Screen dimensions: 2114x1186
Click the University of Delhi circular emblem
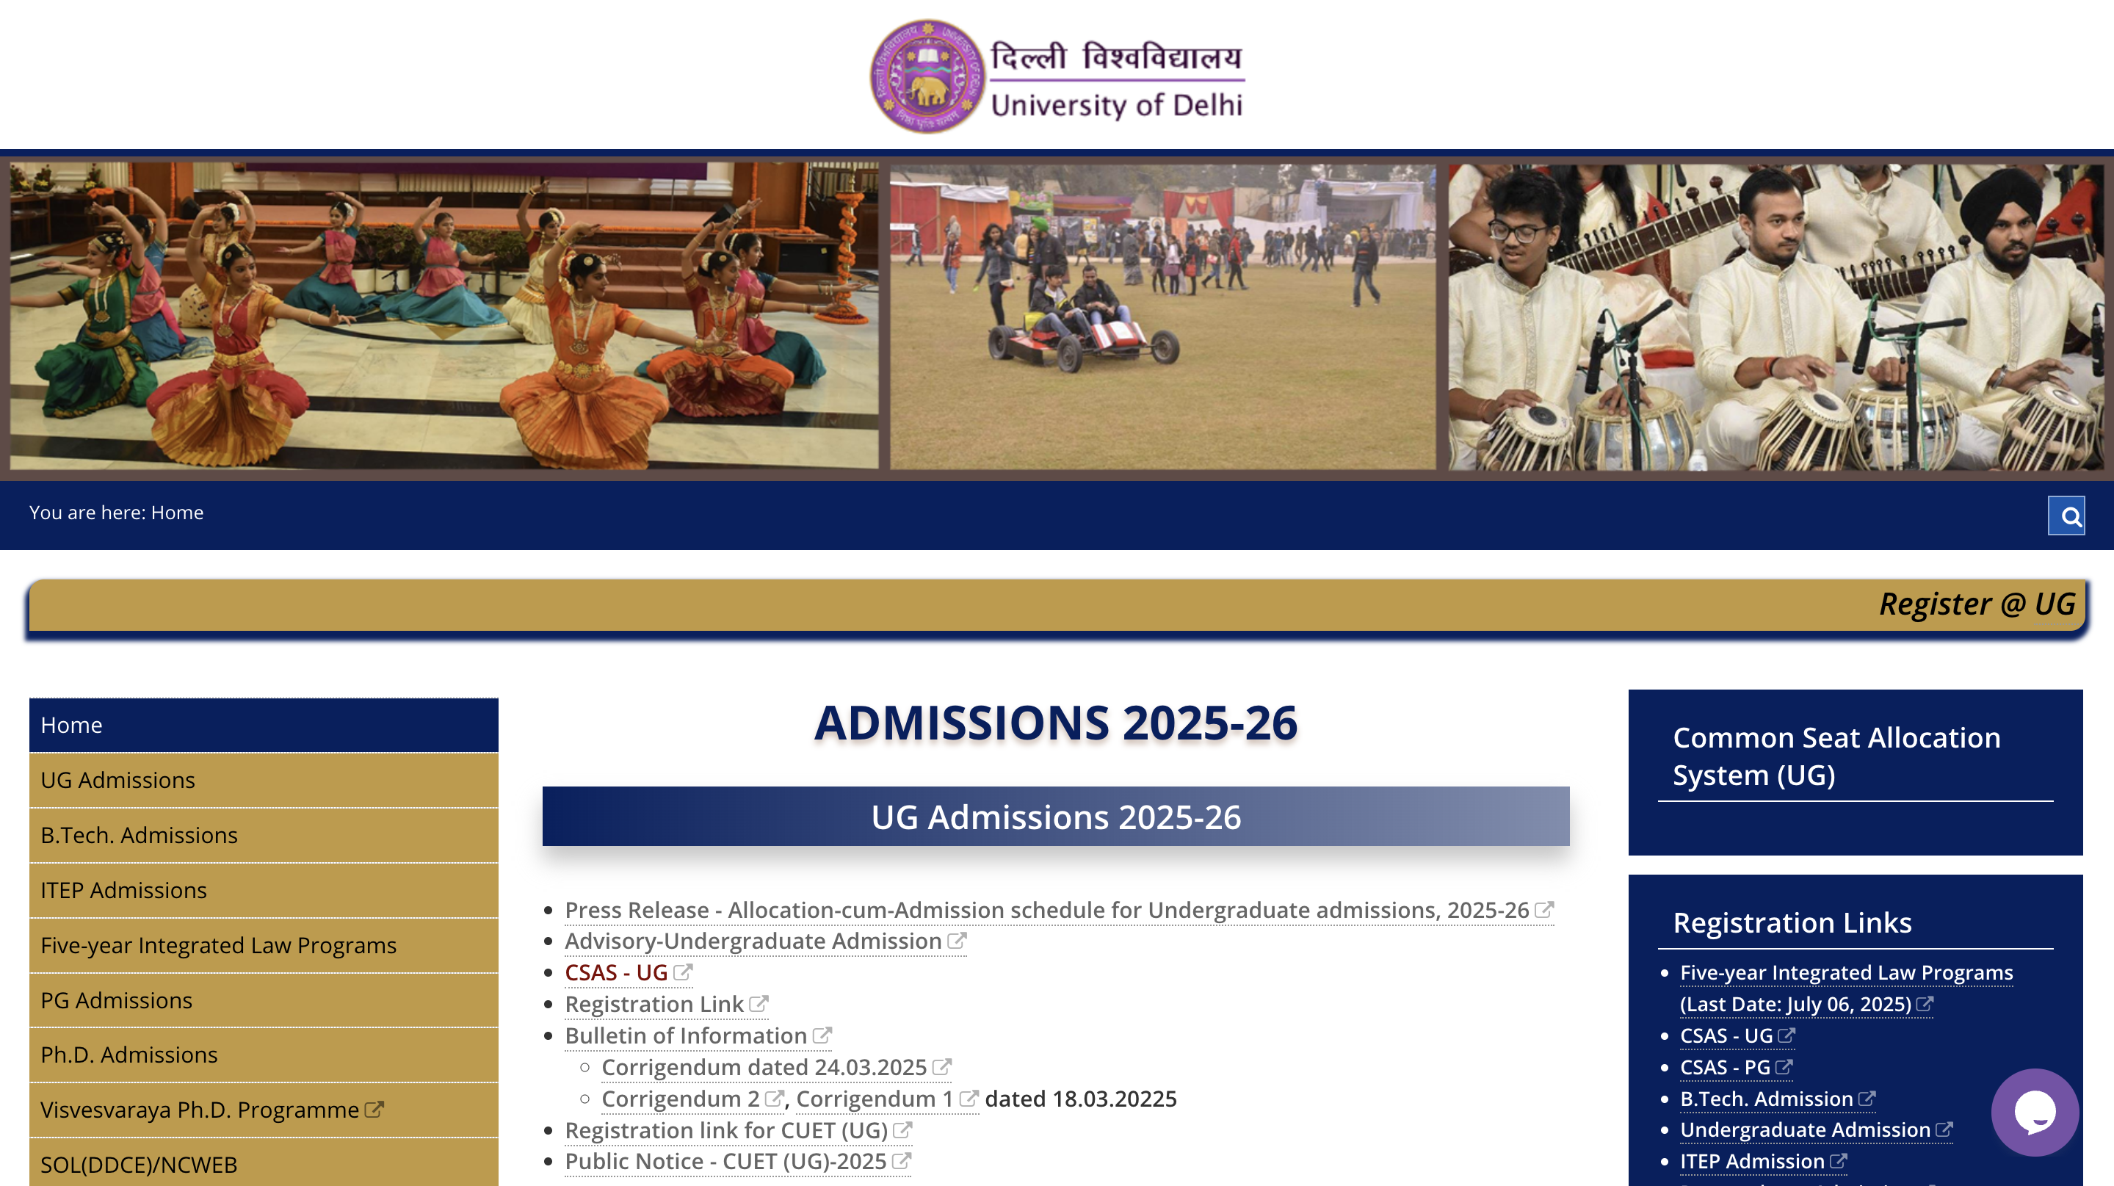pos(927,76)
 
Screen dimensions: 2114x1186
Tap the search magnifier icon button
pos(2066,516)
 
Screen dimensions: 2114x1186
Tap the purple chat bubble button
pos(2035,1112)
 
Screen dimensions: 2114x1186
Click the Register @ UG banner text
pos(1977,604)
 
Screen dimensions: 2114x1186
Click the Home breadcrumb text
pos(177,512)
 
